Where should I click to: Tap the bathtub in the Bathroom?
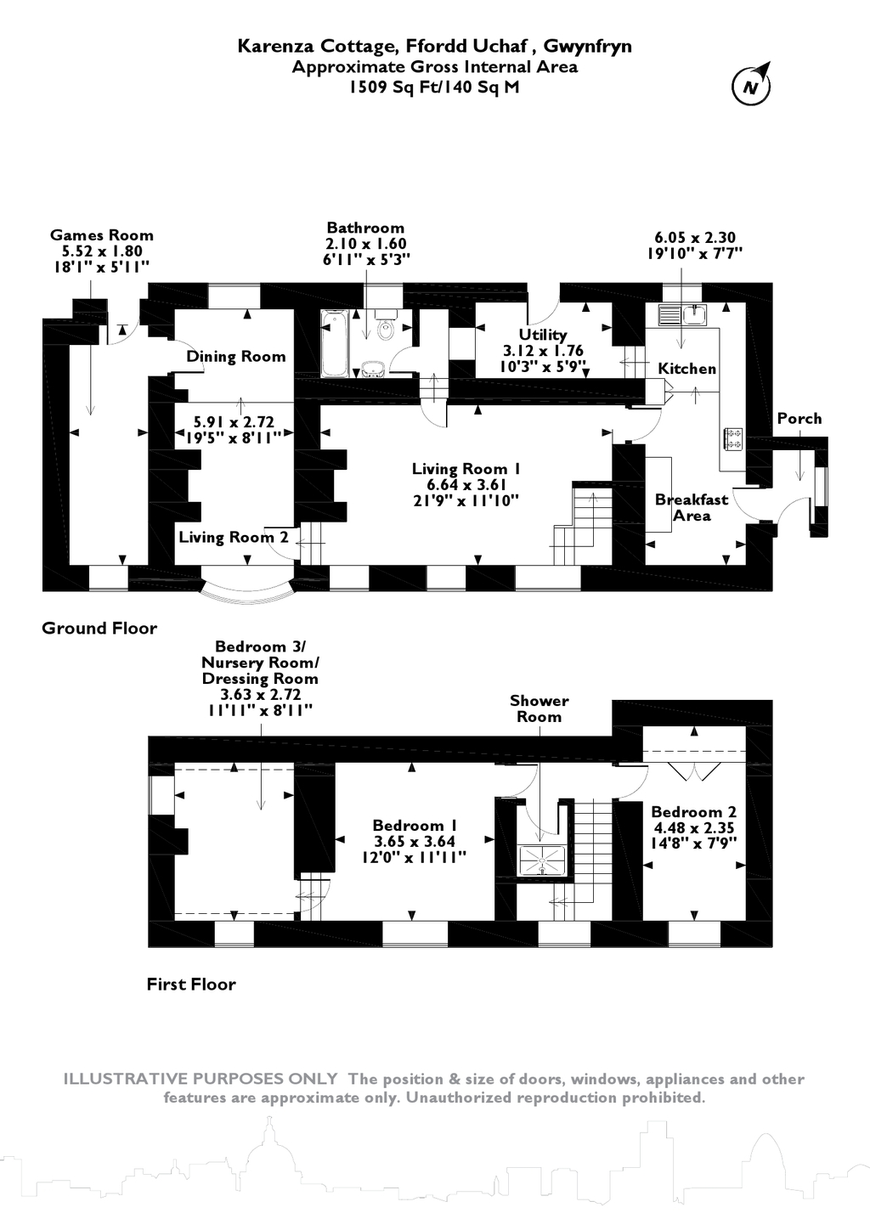[x=334, y=343]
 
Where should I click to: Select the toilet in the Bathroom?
[x=386, y=327]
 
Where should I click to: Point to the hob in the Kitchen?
[x=732, y=438]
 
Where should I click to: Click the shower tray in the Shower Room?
[x=541, y=858]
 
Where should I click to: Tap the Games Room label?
[x=102, y=235]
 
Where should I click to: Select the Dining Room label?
[x=236, y=357]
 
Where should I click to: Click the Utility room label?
[x=543, y=336]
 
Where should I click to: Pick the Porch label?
[x=799, y=418]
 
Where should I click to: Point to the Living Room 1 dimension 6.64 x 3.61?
[x=466, y=485]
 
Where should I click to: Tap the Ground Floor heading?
[x=99, y=629]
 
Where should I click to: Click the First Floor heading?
[x=191, y=985]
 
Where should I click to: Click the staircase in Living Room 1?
[x=585, y=518]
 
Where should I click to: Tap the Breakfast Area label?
[x=692, y=507]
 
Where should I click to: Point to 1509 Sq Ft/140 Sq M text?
[x=434, y=87]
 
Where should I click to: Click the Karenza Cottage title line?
[x=434, y=46]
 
